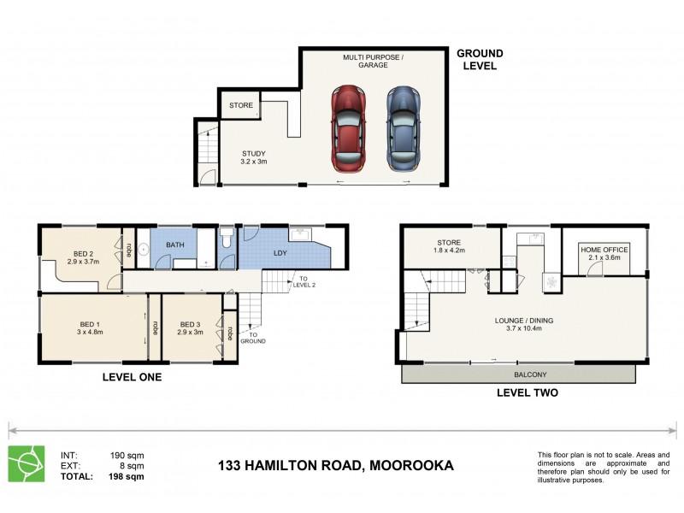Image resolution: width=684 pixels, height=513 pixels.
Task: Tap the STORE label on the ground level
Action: click(x=241, y=106)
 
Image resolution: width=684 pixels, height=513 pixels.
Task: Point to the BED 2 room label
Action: click(x=83, y=258)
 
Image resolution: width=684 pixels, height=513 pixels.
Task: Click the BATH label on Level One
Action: click(x=174, y=245)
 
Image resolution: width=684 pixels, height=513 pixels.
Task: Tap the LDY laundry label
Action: click(x=280, y=253)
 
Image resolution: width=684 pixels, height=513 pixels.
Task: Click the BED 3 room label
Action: click(x=191, y=328)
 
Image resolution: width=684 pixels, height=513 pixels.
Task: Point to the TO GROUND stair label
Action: click(x=253, y=337)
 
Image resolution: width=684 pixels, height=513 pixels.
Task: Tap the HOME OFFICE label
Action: click(x=604, y=254)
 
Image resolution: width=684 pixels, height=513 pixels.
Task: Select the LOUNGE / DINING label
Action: click(x=524, y=325)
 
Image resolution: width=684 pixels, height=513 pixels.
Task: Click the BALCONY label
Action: click(x=530, y=374)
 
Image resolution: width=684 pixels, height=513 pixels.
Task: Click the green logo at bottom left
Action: click(x=25, y=463)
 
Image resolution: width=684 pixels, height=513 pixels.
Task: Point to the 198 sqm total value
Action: click(x=127, y=477)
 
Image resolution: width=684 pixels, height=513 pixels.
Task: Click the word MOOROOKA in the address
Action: click(x=410, y=466)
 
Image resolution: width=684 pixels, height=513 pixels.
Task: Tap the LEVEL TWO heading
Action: click(x=528, y=393)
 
